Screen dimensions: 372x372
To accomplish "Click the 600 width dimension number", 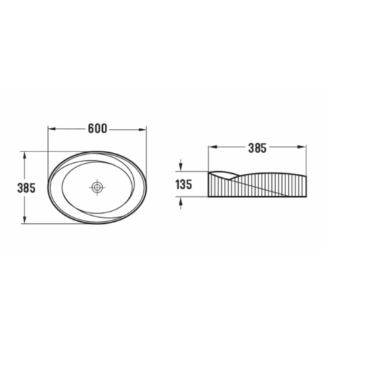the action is pos(97,129).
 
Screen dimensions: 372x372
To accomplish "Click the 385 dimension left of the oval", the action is pos(26,188).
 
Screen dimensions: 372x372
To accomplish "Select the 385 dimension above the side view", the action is pos(258,148).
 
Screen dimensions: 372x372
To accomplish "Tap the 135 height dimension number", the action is pos(183,185).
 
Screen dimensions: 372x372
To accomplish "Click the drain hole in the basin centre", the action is pos(97,187).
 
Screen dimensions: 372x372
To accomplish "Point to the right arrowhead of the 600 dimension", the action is pos(142,129).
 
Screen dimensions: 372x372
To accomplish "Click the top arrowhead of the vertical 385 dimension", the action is pos(24,156).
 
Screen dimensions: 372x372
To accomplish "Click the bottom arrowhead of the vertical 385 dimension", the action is pos(24,219).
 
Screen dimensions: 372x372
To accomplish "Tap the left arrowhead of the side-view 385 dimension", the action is pos(212,147).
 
